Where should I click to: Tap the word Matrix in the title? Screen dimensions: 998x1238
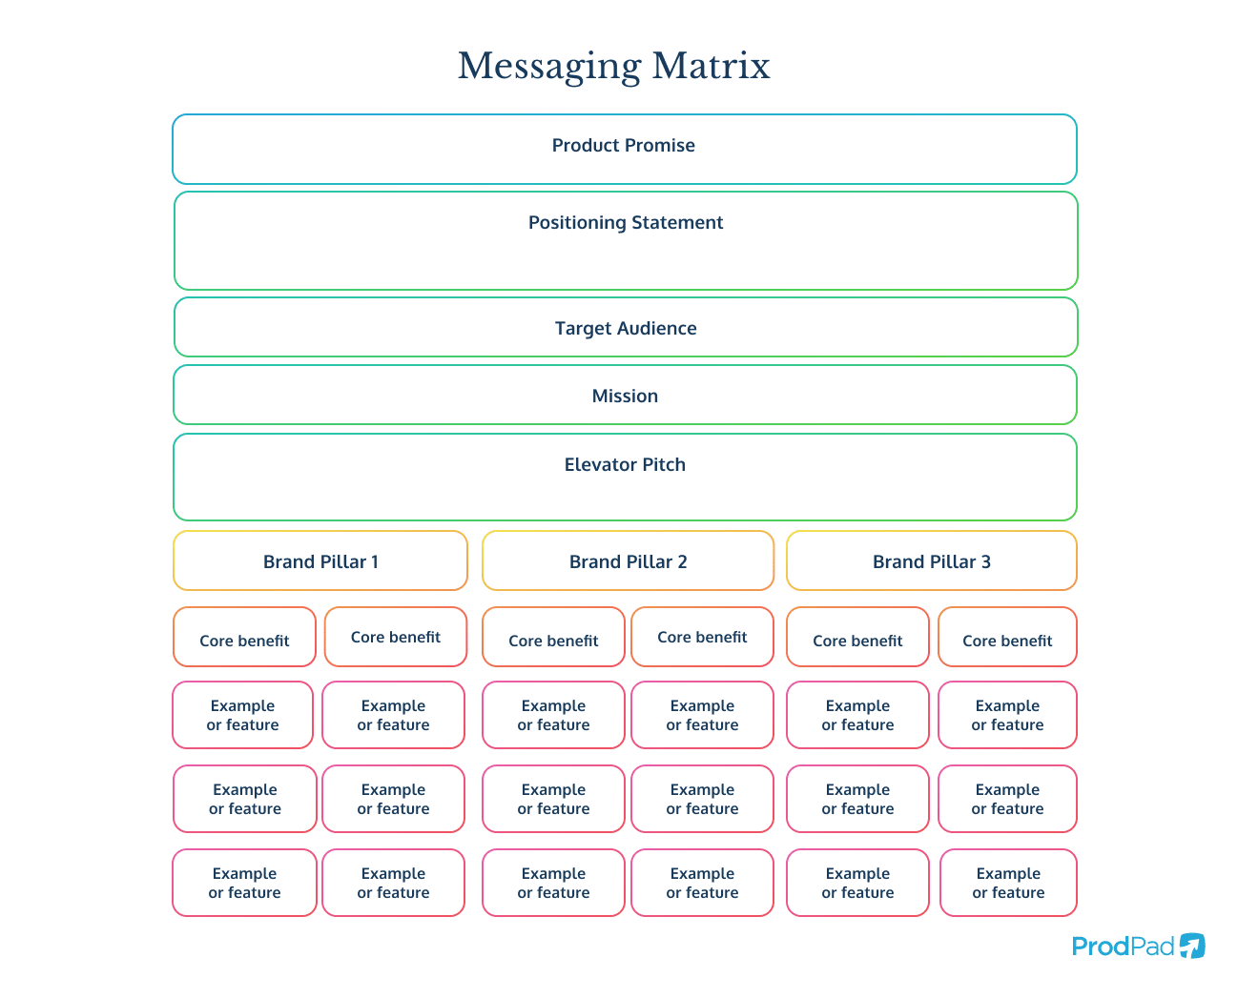(711, 66)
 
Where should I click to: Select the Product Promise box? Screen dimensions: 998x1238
(624, 149)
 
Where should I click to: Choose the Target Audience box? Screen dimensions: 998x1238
(625, 328)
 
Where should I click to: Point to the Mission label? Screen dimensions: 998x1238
(625, 397)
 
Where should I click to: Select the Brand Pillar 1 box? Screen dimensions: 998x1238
(320, 561)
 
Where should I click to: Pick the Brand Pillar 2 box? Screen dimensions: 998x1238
(628, 561)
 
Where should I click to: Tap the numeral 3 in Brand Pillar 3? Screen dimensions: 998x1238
(986, 562)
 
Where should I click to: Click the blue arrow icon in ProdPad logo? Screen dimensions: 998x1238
(1192, 946)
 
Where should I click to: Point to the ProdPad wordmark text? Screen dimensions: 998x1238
(1123, 947)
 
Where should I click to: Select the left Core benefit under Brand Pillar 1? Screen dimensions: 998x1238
(244, 638)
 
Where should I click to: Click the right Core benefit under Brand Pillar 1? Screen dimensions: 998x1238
(396, 637)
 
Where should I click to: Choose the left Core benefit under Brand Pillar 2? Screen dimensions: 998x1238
(553, 638)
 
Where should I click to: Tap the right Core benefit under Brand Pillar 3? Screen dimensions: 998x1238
(1007, 638)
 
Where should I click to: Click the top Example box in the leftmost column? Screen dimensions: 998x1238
(243, 715)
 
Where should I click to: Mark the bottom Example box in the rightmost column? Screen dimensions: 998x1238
(1008, 883)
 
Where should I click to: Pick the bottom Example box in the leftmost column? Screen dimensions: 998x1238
(244, 883)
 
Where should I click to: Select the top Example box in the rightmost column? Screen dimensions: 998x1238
(1007, 715)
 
